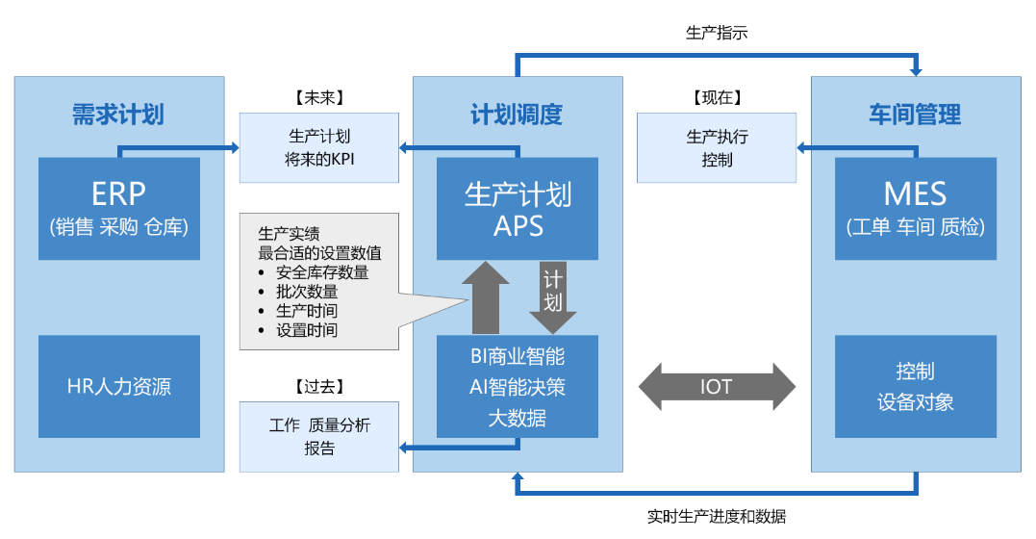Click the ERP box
[119, 208]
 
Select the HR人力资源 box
[119, 387]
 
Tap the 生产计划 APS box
[518, 208]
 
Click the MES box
[916, 208]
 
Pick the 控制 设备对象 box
[916, 387]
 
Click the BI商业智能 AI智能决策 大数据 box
[518, 387]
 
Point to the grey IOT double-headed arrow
[717, 387]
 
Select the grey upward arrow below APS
[485, 298]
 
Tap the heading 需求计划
[118, 115]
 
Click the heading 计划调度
[517, 115]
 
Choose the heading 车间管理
[915, 115]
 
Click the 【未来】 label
[318, 97]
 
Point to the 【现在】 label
[717, 97]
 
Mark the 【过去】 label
[318, 386]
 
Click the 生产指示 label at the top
[717, 33]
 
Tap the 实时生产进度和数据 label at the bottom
[717, 517]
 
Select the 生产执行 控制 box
[717, 148]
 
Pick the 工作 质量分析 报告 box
[318, 437]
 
